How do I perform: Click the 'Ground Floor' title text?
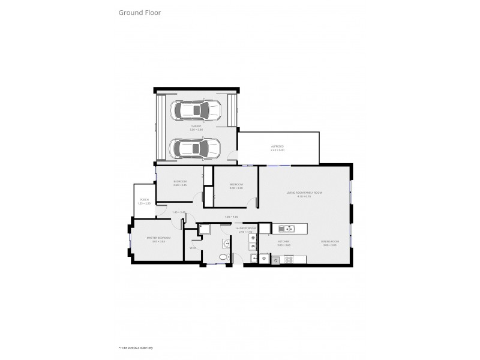139,12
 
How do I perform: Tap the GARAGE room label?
196,127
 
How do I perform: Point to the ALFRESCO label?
277,146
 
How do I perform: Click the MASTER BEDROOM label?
159,238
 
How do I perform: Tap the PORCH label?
144,200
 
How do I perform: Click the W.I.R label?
193,248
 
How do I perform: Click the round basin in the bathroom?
225,243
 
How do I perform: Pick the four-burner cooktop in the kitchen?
287,259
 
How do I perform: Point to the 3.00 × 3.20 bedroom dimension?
236,188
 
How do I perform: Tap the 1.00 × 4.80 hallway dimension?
232,217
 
